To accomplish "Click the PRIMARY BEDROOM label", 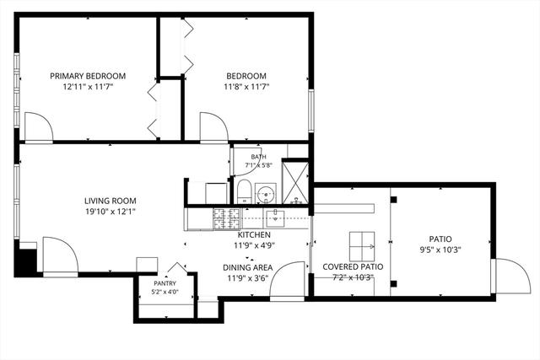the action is coord(88,76).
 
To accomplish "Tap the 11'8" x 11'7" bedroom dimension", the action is coord(246,87).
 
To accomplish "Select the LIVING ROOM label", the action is coord(111,201).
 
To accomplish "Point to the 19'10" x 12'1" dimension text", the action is coord(111,212).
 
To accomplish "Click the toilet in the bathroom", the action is coord(245,191).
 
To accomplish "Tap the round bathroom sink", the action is coord(266,194).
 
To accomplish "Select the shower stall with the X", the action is coord(295,182).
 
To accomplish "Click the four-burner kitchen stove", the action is coord(227,219).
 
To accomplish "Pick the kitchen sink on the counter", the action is coord(275,218).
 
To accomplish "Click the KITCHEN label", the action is coord(254,234).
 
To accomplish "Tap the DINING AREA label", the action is coord(247,267).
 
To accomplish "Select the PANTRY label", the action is coord(165,283).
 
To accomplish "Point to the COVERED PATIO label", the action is coord(353,266).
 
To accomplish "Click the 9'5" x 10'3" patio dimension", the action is coord(440,250).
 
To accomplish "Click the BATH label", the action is coord(258,157).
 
